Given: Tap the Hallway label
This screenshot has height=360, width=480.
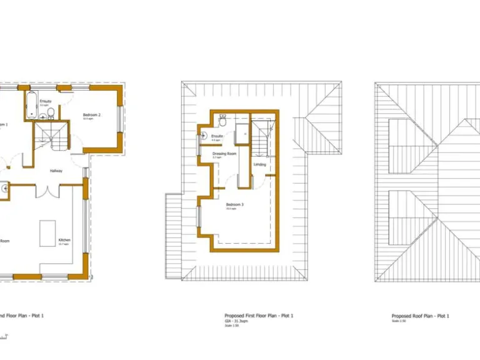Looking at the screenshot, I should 56,170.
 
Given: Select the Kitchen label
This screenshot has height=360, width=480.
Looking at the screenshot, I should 64,240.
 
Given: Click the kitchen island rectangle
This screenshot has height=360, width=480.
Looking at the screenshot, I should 48,233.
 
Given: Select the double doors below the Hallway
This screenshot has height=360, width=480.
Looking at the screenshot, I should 47,190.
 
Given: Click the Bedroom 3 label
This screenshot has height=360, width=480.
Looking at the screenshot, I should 234,205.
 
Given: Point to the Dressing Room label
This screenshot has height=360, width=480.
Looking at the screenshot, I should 224,154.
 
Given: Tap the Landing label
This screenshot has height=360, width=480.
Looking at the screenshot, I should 260,164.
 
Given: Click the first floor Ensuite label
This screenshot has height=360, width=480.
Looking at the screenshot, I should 217,136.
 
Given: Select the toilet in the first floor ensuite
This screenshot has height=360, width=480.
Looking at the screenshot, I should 223,117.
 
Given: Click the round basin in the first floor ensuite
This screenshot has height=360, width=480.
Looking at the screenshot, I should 204,136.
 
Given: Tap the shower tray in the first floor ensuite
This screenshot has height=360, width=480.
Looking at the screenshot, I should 242,132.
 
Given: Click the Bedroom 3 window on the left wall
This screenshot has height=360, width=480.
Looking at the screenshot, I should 199,217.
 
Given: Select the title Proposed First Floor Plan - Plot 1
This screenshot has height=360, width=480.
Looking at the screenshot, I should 259,316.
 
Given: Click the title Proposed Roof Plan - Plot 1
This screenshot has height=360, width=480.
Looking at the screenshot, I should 420,316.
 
